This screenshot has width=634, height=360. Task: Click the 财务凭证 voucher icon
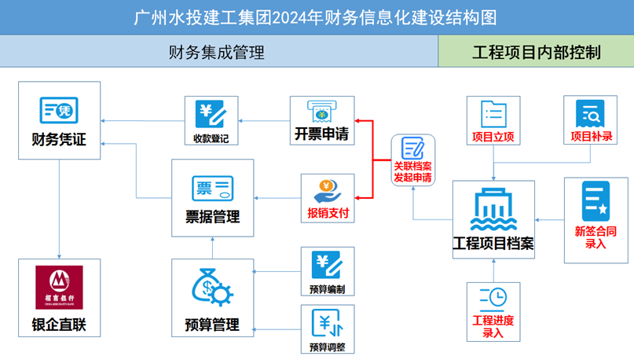point(59,110)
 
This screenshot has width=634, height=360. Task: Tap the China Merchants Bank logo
point(59,287)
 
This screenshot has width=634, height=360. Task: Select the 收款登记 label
point(211,138)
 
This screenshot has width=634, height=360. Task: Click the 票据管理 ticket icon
point(212,187)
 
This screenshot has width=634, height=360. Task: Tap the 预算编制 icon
point(327,265)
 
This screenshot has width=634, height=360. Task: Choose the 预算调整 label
point(328,347)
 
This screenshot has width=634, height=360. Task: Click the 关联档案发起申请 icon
point(412,147)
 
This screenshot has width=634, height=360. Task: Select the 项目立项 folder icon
point(493,114)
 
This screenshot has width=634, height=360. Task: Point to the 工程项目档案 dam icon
point(493,209)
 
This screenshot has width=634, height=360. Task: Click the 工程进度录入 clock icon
point(493,297)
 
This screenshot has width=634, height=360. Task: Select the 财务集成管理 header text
point(217,53)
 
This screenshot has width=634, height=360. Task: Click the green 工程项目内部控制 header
point(536,53)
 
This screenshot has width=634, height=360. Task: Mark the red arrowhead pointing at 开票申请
point(357,120)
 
